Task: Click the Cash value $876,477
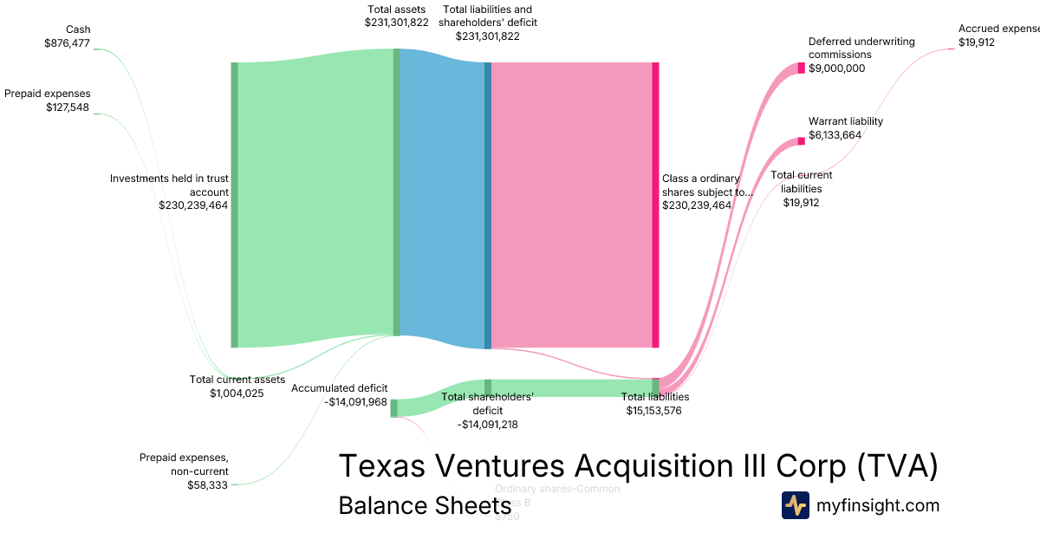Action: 67,42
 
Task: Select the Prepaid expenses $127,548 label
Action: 47,101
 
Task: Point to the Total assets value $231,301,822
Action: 396,23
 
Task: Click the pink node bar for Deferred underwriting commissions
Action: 802,68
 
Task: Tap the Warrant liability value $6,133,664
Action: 835,135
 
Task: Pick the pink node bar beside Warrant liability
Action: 802,141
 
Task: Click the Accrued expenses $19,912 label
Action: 997,36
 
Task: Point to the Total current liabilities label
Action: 801,181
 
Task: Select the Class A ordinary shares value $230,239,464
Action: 697,205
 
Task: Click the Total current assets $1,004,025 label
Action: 237,387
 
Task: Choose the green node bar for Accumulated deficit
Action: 393,408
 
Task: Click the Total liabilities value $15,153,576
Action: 654,411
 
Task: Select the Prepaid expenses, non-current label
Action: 184,465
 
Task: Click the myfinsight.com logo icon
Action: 796,505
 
